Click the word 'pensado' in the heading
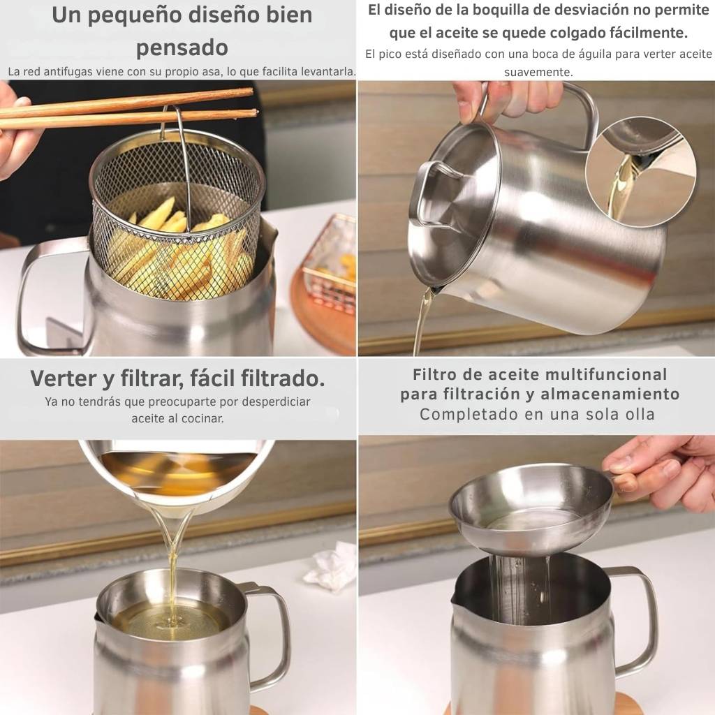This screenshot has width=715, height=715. point(182,48)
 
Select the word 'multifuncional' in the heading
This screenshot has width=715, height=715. point(606,374)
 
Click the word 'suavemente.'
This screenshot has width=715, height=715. point(538,72)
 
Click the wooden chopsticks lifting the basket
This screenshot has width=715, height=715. point(128,110)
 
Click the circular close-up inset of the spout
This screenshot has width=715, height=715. point(641,171)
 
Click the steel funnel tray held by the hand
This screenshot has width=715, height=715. point(531,508)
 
